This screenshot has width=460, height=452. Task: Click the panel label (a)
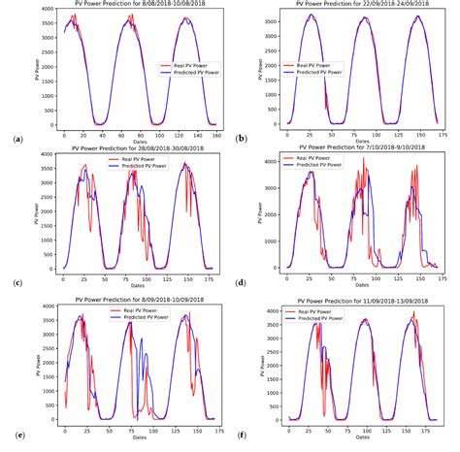pos(17,139)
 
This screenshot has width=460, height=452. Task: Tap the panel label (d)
pos(240,283)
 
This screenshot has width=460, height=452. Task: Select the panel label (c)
pos(17,283)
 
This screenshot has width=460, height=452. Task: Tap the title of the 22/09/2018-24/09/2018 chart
pos(348,5)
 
